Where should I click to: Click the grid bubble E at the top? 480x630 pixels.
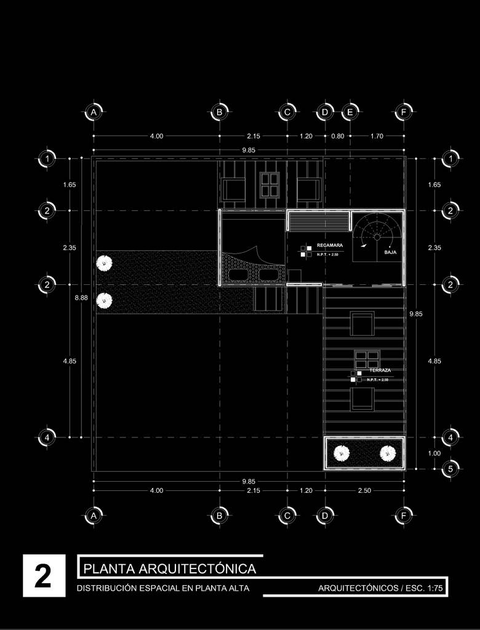[x=350, y=112]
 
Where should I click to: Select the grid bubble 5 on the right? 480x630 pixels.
[x=450, y=468]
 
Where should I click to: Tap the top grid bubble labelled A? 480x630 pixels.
[x=93, y=112]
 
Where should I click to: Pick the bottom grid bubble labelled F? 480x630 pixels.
[x=404, y=516]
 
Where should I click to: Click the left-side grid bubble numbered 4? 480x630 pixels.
[x=47, y=437]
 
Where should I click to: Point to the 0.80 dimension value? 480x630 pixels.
[x=337, y=136]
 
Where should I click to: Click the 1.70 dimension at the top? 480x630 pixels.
[x=377, y=136]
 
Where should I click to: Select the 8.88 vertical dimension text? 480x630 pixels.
[x=81, y=297]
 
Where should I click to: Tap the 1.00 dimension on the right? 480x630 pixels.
[x=434, y=453]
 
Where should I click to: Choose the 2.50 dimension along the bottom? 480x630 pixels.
[x=364, y=490]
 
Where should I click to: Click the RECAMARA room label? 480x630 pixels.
[x=329, y=245]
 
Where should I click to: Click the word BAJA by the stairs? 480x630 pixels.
[x=390, y=252]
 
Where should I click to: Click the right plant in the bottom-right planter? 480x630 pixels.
[x=386, y=454]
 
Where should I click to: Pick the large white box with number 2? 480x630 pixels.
[x=43, y=576]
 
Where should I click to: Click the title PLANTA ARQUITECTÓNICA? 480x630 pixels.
[x=169, y=567]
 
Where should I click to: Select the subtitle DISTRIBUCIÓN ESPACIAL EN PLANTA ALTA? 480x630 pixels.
[x=163, y=589]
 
